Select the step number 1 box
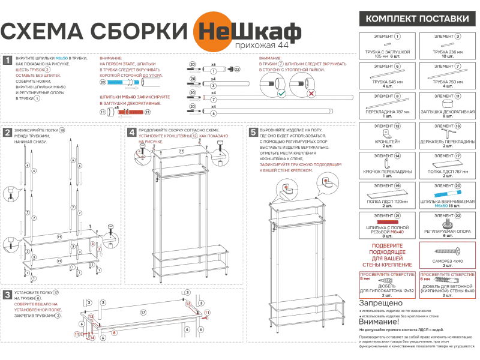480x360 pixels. click(x=7, y=60)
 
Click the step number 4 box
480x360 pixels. click(x=131, y=131)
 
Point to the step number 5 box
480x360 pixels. click(x=253, y=131)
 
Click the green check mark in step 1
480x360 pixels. click(x=281, y=94)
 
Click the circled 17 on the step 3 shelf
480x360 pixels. click(x=143, y=313)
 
